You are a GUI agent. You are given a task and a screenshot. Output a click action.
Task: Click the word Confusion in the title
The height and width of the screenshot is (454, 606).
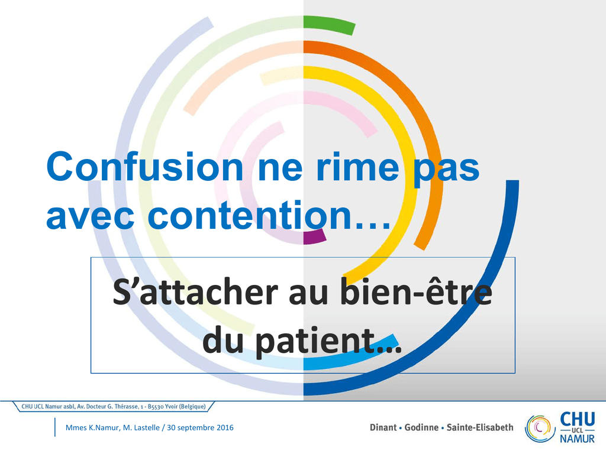(x=144, y=166)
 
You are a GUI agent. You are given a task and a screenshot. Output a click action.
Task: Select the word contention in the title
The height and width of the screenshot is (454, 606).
(x=250, y=215)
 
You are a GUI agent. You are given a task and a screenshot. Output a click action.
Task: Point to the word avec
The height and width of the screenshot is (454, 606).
(x=90, y=217)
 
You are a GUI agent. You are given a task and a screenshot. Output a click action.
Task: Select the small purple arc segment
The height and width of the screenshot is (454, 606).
(x=314, y=236)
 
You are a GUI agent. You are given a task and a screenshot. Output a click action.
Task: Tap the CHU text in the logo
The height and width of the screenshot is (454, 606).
(x=578, y=419)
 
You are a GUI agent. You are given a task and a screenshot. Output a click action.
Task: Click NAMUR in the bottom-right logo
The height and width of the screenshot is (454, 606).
(x=578, y=439)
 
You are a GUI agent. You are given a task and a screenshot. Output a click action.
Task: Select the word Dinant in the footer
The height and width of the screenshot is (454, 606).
(x=383, y=427)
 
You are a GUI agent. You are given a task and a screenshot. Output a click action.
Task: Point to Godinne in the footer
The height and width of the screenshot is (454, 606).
(x=421, y=427)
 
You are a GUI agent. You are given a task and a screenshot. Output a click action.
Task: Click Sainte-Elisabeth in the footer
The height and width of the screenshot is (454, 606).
(x=480, y=427)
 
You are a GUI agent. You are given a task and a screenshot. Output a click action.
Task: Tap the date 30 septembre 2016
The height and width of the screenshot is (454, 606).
(x=200, y=428)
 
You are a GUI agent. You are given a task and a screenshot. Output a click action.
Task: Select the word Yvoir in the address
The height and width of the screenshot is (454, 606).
(x=171, y=407)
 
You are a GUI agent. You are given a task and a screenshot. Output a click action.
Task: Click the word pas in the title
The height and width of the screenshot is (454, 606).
(x=447, y=169)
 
